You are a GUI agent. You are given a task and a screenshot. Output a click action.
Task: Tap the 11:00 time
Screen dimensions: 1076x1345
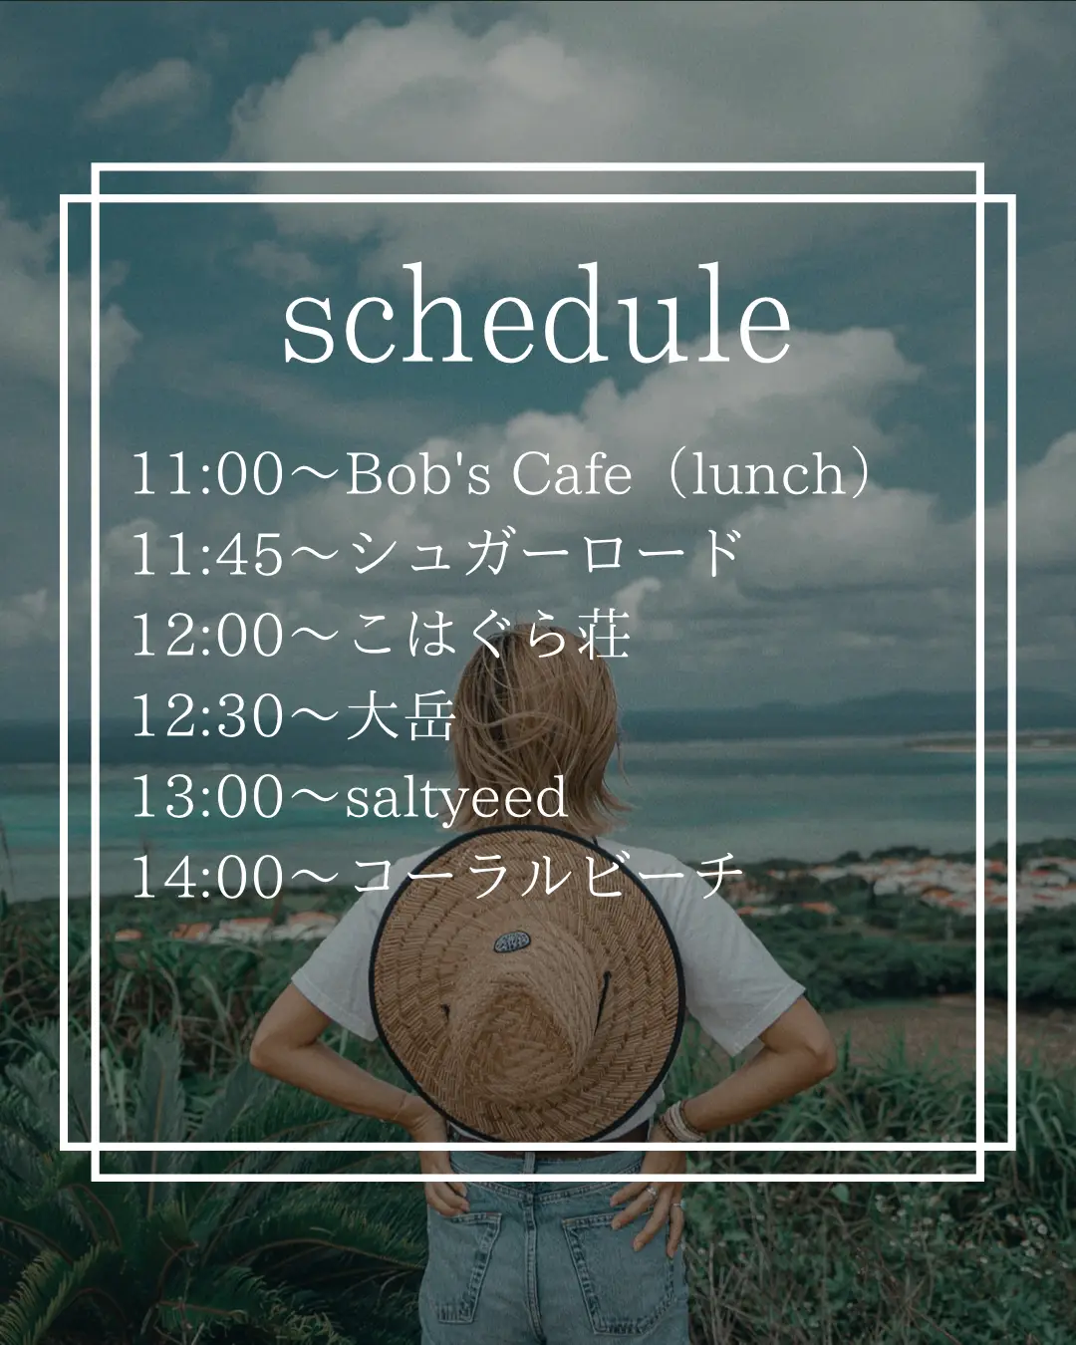click(207, 474)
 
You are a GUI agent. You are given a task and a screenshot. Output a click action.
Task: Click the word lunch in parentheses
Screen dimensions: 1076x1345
click(768, 473)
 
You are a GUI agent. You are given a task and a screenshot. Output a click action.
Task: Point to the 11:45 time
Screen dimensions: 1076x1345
click(207, 554)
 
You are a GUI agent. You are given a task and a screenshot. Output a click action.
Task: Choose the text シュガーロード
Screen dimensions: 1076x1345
click(546, 553)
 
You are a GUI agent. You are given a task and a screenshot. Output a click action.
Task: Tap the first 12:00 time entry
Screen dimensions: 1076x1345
click(207, 635)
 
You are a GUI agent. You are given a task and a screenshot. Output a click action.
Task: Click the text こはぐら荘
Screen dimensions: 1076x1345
click(488, 635)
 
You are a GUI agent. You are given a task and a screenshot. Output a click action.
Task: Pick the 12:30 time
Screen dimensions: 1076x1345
click(207, 716)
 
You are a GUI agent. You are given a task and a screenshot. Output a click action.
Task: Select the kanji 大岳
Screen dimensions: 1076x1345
click(400, 715)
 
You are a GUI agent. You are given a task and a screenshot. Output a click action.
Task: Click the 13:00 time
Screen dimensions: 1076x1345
click(207, 796)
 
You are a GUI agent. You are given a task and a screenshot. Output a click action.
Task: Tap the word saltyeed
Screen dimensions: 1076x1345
click(456, 797)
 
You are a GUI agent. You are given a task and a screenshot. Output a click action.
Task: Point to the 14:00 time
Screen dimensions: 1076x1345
click(207, 878)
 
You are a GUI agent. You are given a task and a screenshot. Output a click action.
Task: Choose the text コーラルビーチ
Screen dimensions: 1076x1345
click(546, 877)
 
